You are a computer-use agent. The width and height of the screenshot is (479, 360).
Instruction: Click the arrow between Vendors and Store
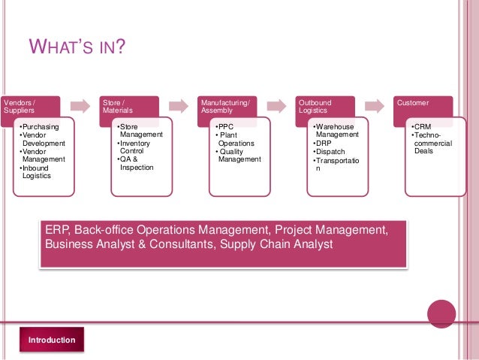(79, 104)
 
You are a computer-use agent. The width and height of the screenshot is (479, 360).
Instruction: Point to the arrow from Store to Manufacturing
(178, 104)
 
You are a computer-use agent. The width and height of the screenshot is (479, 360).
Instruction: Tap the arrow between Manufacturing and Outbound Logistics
(276, 104)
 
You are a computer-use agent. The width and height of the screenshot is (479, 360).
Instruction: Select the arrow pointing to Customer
(374, 104)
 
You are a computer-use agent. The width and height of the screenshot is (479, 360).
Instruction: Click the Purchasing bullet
(41, 127)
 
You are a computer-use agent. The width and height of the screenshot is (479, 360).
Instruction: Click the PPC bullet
(225, 127)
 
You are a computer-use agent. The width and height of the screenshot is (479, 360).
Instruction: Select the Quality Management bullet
(239, 155)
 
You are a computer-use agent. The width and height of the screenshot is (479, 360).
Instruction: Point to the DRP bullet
(324, 143)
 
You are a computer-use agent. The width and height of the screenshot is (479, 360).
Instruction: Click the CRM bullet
(423, 127)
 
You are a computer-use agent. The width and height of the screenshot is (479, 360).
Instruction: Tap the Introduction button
(52, 340)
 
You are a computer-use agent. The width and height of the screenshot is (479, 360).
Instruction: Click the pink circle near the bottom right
(441, 314)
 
